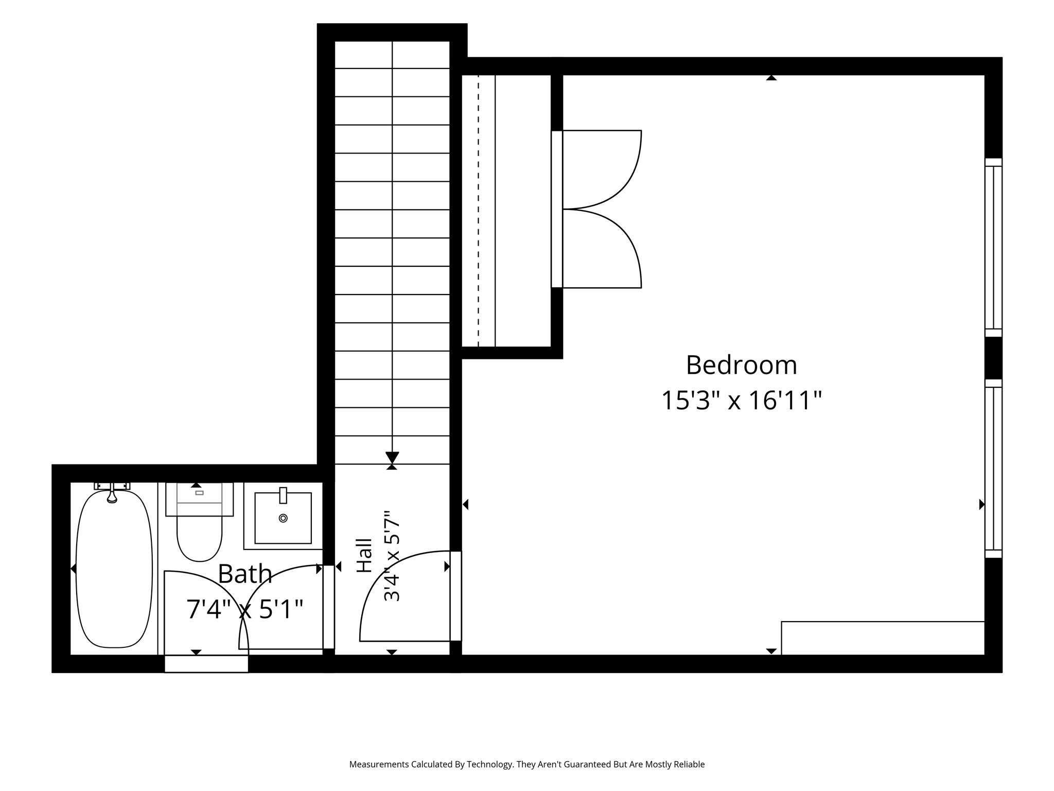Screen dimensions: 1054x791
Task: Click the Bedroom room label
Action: click(741, 365)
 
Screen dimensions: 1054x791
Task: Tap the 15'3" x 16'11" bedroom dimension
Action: click(741, 401)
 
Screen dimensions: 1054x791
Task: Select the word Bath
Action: click(245, 574)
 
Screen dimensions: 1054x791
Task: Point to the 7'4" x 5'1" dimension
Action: click(245, 609)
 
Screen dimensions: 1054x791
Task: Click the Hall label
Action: click(364, 556)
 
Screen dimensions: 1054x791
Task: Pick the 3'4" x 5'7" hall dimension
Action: click(392, 556)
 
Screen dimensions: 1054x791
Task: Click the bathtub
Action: click(114, 569)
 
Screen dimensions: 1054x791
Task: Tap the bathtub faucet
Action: click(112, 492)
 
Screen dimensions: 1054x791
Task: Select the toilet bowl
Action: click(199, 539)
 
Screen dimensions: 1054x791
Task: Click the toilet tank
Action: click(199, 499)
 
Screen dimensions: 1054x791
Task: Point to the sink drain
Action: click(283, 518)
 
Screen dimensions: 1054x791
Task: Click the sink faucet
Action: click(283, 495)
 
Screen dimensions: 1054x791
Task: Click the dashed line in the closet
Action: click(478, 211)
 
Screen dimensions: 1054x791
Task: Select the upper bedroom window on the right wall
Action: click(994, 248)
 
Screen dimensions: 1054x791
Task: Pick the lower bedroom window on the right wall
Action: click(994, 469)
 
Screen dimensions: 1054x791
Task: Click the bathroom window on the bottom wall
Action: click(206, 664)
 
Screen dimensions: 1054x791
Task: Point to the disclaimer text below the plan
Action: click(527, 765)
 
